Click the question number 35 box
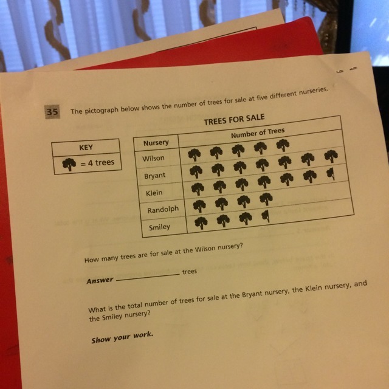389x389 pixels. tap(52, 112)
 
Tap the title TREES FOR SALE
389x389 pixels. tap(234, 120)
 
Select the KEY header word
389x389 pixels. tap(86, 147)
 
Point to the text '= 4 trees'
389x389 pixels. tap(97, 163)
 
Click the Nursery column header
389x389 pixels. tap(156, 143)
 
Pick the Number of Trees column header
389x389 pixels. tap(258, 133)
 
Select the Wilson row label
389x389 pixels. tap(153, 158)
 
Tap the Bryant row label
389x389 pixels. tap(154, 176)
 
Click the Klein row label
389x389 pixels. tap(154, 193)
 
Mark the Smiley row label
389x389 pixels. tap(159, 227)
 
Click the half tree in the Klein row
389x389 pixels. tap(331, 174)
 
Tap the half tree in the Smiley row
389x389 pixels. tap(266, 216)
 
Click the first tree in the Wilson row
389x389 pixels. tap(194, 155)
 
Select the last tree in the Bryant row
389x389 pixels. tap(331, 156)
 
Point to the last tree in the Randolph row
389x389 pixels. tap(266, 199)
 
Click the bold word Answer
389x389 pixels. tap(100, 281)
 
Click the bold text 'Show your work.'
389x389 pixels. tap(122, 337)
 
